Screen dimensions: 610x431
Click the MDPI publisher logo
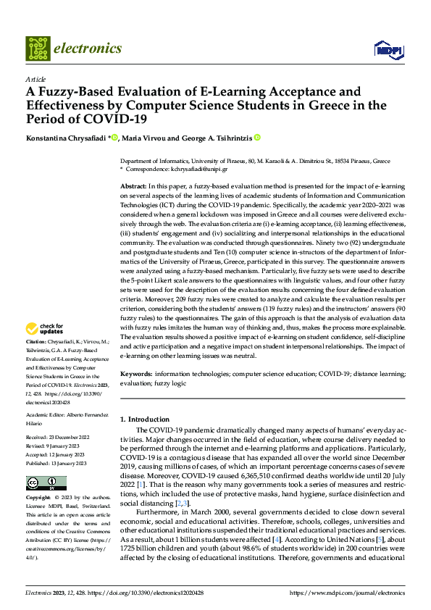[x=388, y=49]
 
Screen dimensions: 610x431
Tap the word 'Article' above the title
[x=35, y=79]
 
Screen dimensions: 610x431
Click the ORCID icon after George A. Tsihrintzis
[x=257, y=137]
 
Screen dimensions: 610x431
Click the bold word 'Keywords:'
[x=136, y=375]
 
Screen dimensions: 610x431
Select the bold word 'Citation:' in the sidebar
[x=37, y=341]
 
